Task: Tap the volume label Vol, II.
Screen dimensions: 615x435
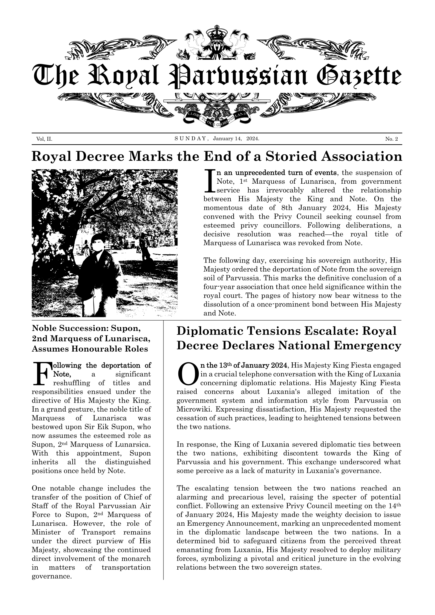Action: pos(44,139)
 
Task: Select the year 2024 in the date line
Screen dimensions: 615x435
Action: pos(252,139)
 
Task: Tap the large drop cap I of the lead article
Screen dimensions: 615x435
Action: pos(209,181)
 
